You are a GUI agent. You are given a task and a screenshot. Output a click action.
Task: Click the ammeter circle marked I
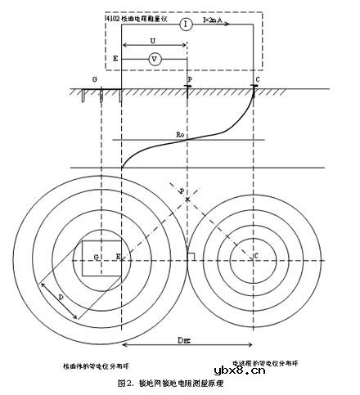point(187,25)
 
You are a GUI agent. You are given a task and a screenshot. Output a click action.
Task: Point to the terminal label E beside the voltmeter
point(115,61)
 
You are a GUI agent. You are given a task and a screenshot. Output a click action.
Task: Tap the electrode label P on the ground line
point(190,80)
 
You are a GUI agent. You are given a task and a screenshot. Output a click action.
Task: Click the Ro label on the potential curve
point(181,133)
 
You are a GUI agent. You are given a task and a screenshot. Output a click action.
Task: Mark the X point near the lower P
point(187,200)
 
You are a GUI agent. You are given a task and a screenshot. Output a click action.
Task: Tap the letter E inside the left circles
point(118,258)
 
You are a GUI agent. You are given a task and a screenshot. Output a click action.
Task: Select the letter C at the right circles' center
point(256,258)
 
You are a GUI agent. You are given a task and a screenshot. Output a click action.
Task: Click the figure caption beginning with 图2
point(169,383)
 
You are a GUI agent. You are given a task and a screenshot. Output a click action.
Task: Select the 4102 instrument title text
point(137,16)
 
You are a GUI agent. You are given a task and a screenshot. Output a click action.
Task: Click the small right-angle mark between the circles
point(191,258)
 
